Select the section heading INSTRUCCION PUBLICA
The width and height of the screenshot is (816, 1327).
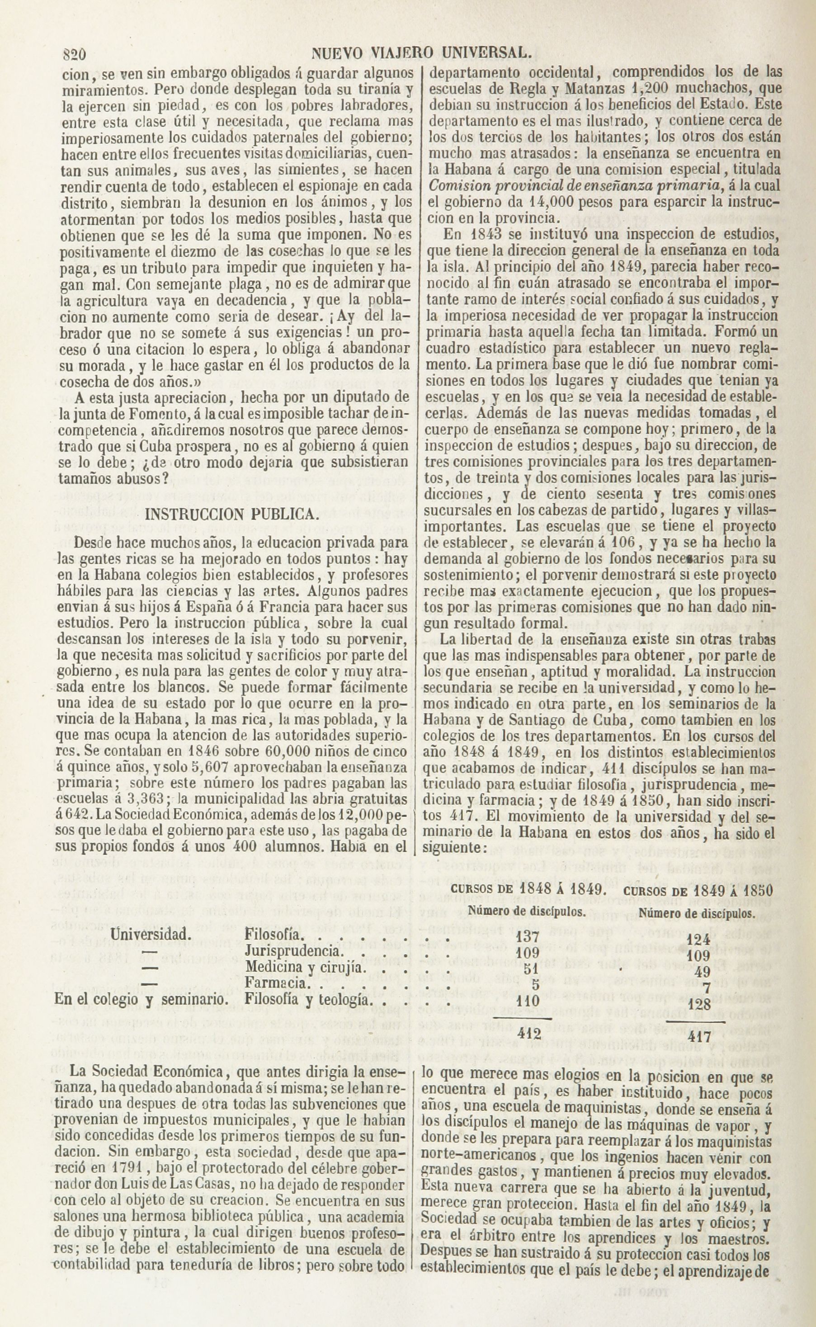click(231, 513)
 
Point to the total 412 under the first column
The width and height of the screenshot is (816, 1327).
click(529, 1034)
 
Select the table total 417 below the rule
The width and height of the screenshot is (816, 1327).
click(699, 1037)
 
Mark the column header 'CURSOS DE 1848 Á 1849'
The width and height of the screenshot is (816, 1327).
click(526, 890)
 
